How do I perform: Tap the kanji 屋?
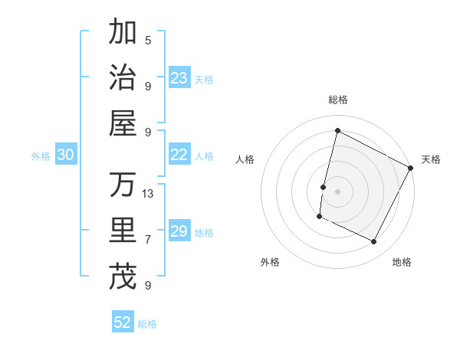[123, 123]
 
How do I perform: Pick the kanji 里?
[123, 231]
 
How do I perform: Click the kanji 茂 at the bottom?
[123, 277]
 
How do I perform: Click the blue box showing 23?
[179, 77]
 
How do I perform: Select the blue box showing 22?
[179, 155]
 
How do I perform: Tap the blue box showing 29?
[179, 231]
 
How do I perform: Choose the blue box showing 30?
[65, 155]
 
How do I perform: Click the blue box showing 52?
[123, 322]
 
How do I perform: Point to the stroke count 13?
[148, 193]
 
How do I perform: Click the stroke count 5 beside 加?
[148, 40]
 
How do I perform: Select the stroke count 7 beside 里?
[148, 239]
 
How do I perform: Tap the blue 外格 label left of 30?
[41, 156]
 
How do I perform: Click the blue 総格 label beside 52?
[147, 324]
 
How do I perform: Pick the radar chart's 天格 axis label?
[431, 159]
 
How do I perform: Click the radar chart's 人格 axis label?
[245, 159]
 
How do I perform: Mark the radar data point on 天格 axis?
[410, 168]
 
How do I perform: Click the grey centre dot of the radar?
[337, 191]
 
